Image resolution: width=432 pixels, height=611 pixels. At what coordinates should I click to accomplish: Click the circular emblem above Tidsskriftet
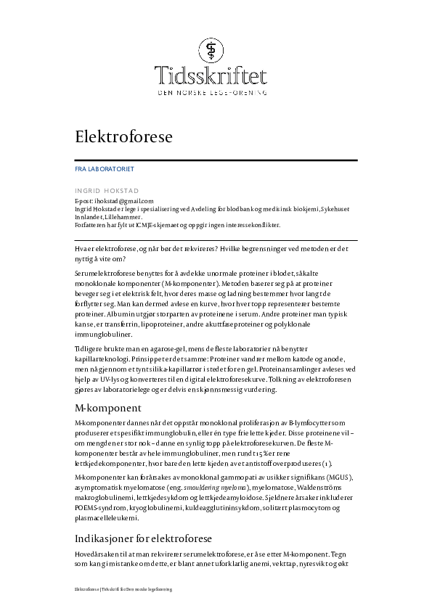[216, 49]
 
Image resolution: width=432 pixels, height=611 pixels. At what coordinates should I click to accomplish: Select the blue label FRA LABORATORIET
[104, 168]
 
